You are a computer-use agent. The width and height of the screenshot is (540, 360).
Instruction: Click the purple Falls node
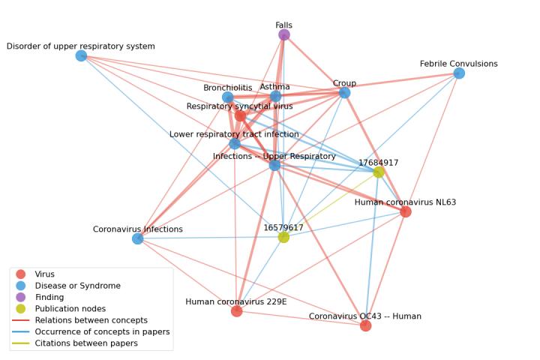pyautogui.click(x=284, y=34)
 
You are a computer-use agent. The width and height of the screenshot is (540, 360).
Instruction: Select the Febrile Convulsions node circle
pyautogui.click(x=459, y=73)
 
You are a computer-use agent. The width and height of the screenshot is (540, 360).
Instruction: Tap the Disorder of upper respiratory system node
pyautogui.click(x=81, y=55)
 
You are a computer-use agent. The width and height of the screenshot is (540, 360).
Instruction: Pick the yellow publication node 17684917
pyautogui.click(x=379, y=172)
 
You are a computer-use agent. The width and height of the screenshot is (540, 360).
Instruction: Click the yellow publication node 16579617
pyautogui.click(x=283, y=237)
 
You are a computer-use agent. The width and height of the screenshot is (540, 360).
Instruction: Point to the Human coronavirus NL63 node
pyautogui.click(x=406, y=211)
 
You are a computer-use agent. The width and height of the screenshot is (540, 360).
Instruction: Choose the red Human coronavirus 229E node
pyautogui.click(x=236, y=310)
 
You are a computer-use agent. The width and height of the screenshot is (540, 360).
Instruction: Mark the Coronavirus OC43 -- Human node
pyautogui.click(x=365, y=325)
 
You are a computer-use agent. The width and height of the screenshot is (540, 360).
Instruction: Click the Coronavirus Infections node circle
pyautogui.click(x=137, y=238)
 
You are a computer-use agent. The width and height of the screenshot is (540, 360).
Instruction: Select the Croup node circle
pyautogui.click(x=344, y=92)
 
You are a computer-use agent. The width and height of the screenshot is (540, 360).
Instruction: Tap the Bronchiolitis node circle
pyautogui.click(x=228, y=97)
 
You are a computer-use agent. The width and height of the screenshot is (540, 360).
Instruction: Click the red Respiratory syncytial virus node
pyautogui.click(x=240, y=115)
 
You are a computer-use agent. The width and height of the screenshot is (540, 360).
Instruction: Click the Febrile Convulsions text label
pyautogui.click(x=458, y=64)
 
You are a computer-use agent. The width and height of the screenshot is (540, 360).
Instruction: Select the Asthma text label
pyautogui.click(x=274, y=87)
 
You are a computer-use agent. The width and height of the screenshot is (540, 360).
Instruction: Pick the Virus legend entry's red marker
pyautogui.click(x=20, y=274)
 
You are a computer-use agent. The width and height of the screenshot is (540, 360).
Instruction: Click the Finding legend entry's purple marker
pyautogui.click(x=20, y=297)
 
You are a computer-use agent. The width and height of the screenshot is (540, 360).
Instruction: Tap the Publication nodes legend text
pyautogui.click(x=70, y=308)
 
